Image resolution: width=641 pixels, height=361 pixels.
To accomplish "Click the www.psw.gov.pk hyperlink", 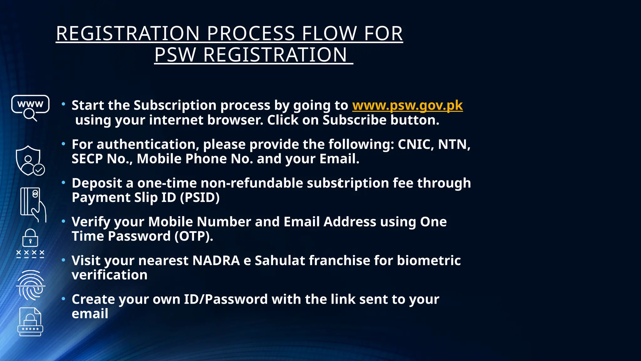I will (407, 106).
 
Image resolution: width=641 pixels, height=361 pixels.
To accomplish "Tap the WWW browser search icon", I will (30, 108).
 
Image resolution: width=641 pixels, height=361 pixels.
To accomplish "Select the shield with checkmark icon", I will (30, 160).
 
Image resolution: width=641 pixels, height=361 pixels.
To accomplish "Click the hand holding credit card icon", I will (33, 205).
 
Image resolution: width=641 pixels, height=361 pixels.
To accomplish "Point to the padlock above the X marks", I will (30, 238).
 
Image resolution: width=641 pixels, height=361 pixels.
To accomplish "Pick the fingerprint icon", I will (31, 285).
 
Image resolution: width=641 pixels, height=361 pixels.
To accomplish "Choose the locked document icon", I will (30, 322).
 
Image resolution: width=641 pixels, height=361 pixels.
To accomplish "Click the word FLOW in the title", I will (329, 34).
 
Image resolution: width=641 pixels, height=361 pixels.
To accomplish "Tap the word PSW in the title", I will (175, 55).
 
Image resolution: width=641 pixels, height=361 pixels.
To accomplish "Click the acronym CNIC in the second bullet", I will (415, 144).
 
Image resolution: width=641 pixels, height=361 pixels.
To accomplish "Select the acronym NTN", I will (454, 144).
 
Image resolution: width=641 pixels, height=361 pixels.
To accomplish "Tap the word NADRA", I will (216, 261).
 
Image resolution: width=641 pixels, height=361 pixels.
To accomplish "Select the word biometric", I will (429, 261).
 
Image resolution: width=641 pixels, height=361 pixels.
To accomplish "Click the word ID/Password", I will (225, 299).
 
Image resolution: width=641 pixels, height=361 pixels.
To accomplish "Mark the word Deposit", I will (97, 183).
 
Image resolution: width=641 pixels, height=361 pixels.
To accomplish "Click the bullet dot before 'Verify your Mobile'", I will (64, 221).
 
